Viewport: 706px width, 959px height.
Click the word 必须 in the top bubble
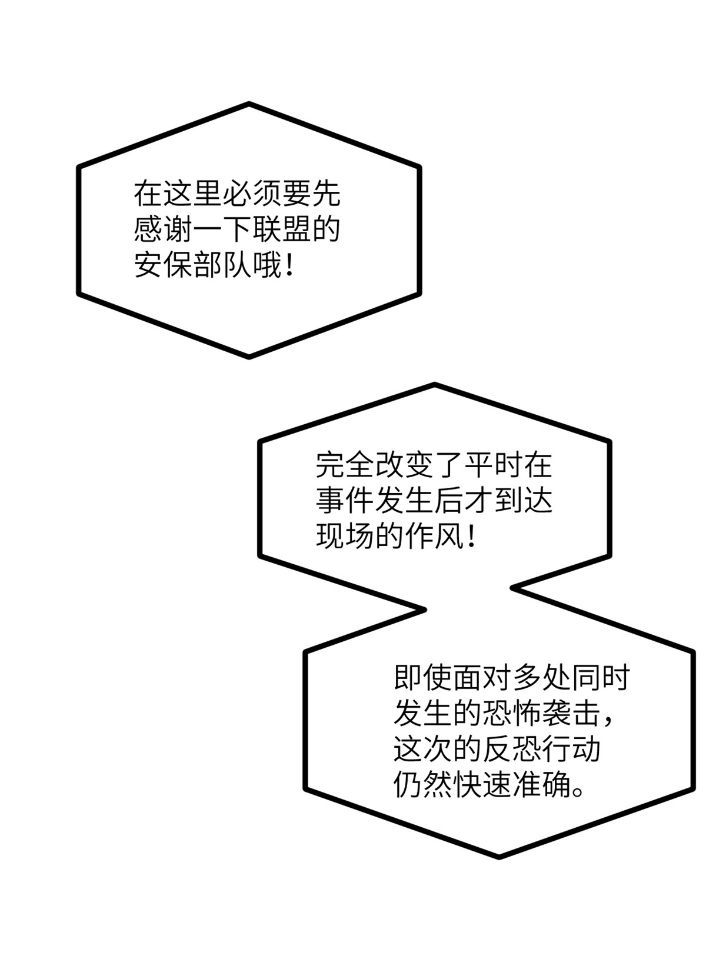[x=251, y=194]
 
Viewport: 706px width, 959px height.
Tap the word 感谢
[x=163, y=230]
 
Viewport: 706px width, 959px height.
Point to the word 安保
[x=163, y=265]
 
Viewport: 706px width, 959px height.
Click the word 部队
[x=222, y=265]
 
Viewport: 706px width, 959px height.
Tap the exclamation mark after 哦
[x=289, y=265]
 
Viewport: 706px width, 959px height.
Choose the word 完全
[x=345, y=465]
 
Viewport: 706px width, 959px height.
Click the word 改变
[x=404, y=465]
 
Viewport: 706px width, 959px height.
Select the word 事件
[x=345, y=501]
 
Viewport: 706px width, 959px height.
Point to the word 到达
[x=523, y=501]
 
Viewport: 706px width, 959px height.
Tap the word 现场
[x=345, y=537]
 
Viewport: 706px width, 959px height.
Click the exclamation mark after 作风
[x=471, y=537]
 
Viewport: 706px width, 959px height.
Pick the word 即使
[x=422, y=677]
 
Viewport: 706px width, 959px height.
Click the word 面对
[x=481, y=677]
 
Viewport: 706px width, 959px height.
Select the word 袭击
[x=570, y=713]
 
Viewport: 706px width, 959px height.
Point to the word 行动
[x=570, y=749]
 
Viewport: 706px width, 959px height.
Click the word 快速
[x=481, y=785]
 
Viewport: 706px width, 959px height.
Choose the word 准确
[x=540, y=785]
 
